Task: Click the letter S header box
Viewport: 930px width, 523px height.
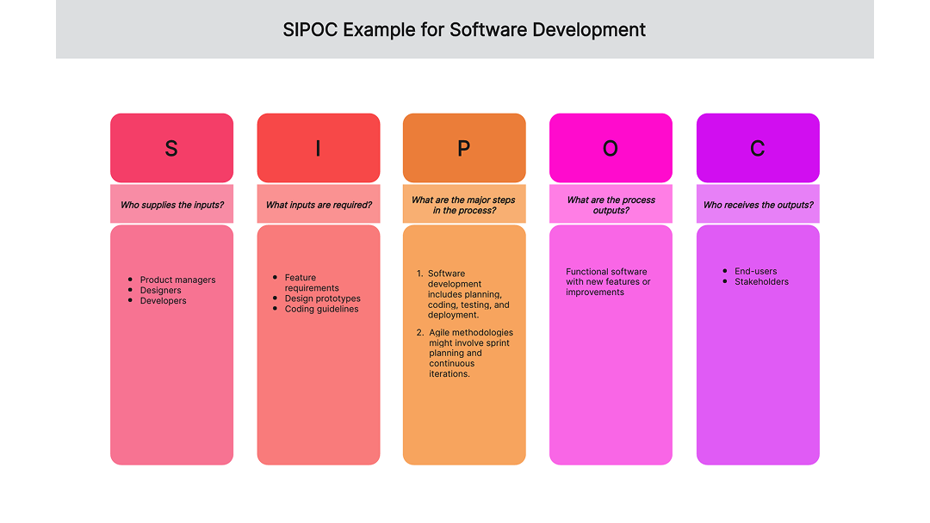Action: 171,148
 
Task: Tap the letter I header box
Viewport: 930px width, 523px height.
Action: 318,148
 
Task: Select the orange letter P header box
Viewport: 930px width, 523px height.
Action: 464,148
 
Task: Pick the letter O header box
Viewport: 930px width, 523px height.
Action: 611,148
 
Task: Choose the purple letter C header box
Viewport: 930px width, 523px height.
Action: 758,148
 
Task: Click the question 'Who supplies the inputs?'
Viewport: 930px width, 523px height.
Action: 171,205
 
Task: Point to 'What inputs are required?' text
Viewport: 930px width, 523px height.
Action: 319,205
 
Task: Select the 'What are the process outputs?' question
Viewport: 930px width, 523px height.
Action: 611,205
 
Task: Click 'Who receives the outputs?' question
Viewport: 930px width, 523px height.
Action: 758,205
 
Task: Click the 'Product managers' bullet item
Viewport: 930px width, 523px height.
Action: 177,280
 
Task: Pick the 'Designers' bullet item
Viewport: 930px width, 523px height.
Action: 161,290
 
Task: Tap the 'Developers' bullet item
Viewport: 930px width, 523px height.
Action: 164,300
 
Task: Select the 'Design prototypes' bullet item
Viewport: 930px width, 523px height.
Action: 323,298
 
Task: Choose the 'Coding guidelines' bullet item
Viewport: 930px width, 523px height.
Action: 322,309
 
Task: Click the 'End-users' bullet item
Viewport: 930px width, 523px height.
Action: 755,271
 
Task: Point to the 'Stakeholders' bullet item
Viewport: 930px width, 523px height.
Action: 761,281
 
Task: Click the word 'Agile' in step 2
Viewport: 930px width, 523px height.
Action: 440,332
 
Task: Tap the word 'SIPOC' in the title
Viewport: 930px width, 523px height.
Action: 310,30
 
